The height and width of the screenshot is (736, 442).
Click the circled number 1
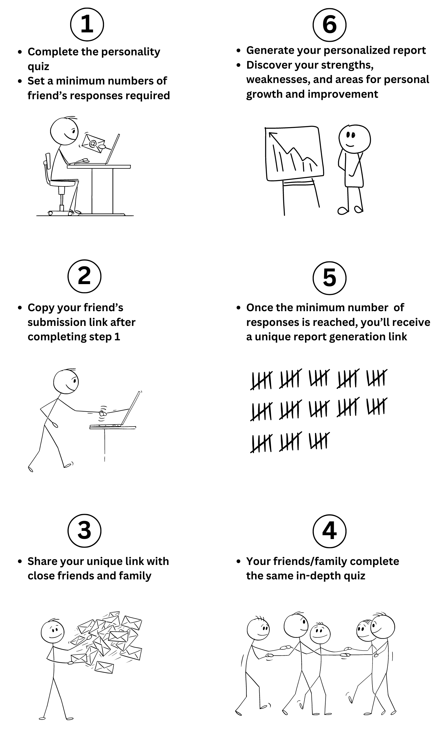point(87,24)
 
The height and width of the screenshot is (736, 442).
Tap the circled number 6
point(329,25)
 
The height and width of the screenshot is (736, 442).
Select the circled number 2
point(84,276)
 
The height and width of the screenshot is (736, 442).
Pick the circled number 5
point(329,278)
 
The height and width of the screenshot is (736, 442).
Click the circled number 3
point(84,531)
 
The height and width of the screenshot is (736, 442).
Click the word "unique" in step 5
point(272,337)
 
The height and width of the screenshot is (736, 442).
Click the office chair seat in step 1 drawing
point(63,183)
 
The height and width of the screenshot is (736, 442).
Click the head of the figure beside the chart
point(354,139)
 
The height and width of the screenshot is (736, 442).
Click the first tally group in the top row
point(261,380)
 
